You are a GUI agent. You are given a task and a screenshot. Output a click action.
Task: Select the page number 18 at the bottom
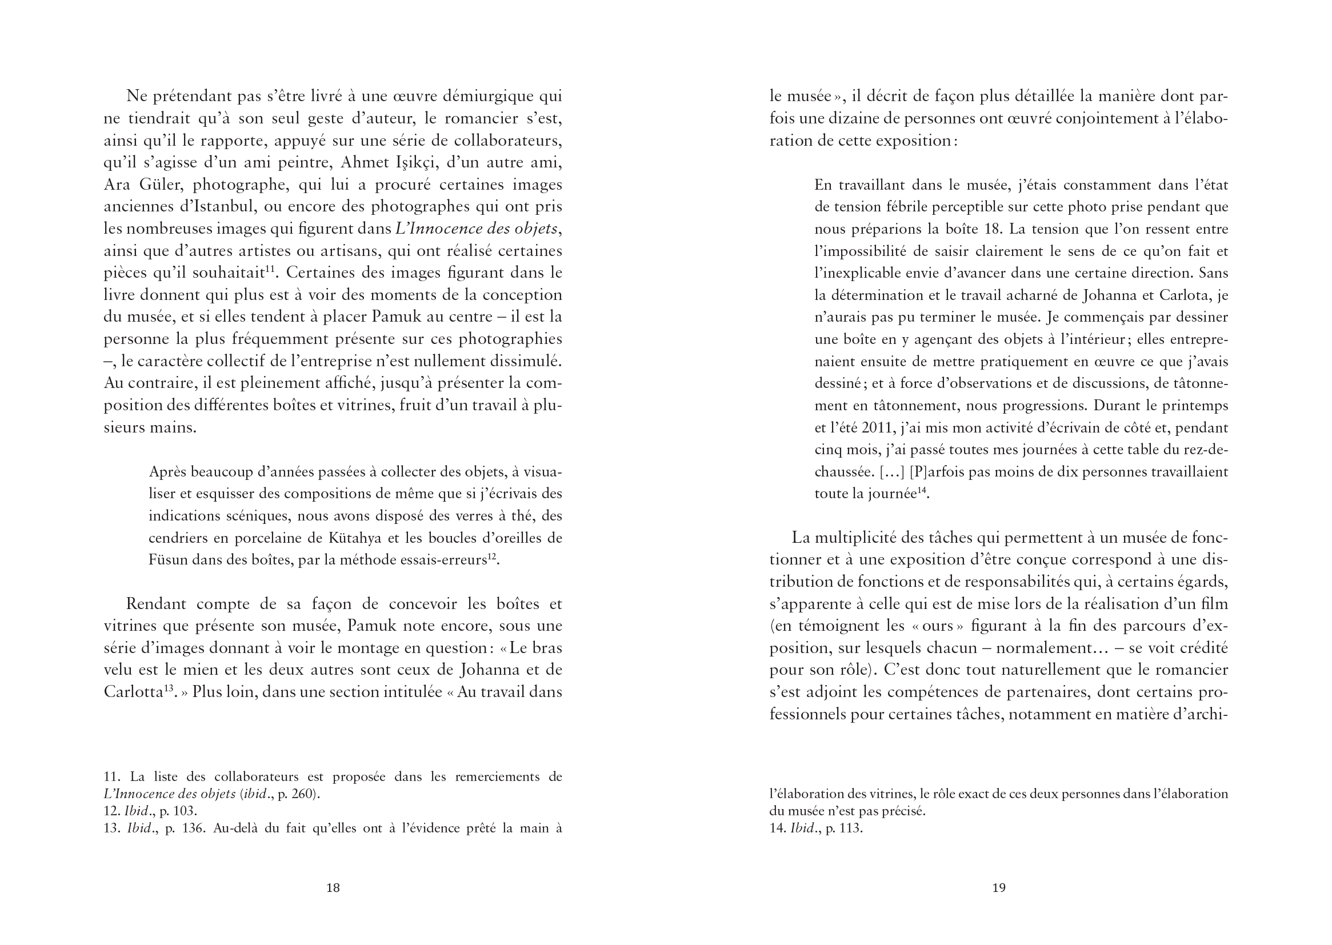coord(333,887)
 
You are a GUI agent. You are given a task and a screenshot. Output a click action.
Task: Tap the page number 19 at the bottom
coord(998,887)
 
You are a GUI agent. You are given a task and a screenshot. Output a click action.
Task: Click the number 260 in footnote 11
coord(302,794)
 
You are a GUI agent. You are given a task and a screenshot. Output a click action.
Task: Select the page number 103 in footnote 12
coord(185,811)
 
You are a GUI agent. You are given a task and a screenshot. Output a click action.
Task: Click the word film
coord(1216,603)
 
